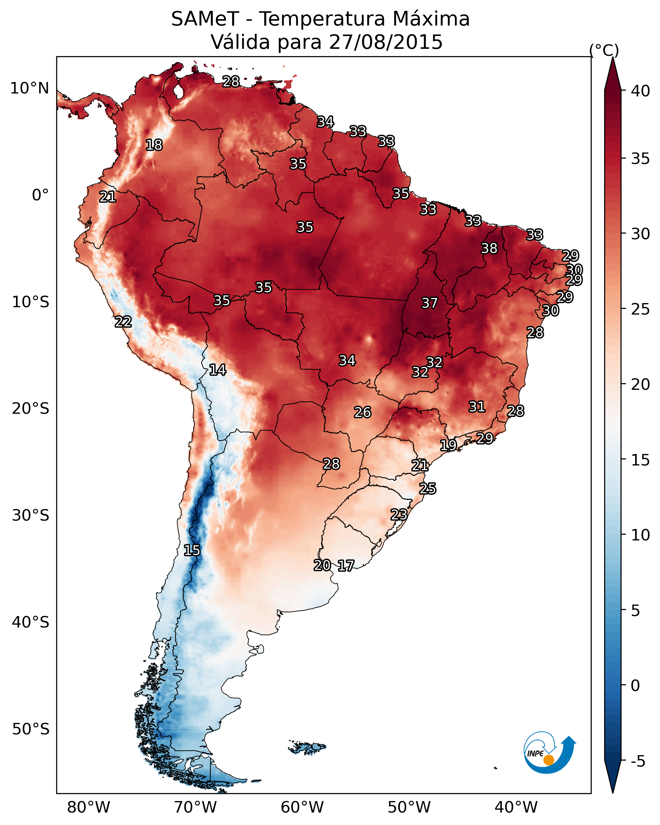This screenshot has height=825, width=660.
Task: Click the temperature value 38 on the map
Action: (489, 248)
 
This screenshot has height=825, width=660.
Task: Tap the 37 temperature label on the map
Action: (429, 303)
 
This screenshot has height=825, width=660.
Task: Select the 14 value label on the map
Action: (217, 370)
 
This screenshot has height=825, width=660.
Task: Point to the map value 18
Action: (154, 145)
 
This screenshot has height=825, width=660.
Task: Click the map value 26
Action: (362, 412)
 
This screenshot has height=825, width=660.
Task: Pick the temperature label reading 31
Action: (477, 407)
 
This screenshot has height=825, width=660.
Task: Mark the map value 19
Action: (448, 445)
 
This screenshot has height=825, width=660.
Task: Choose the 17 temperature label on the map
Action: (346, 566)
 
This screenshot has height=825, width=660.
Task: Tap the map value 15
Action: (192, 550)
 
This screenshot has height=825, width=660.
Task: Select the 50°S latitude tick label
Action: (31, 729)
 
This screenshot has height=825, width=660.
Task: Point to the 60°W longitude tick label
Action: (302, 807)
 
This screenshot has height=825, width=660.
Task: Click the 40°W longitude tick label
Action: (516, 807)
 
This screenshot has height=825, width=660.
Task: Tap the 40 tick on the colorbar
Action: (641, 91)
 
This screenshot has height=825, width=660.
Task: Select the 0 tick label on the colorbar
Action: (635, 686)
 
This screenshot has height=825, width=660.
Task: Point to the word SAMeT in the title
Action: (205, 19)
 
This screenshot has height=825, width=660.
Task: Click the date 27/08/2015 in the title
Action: (386, 42)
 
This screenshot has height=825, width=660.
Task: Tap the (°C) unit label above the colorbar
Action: (604, 50)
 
